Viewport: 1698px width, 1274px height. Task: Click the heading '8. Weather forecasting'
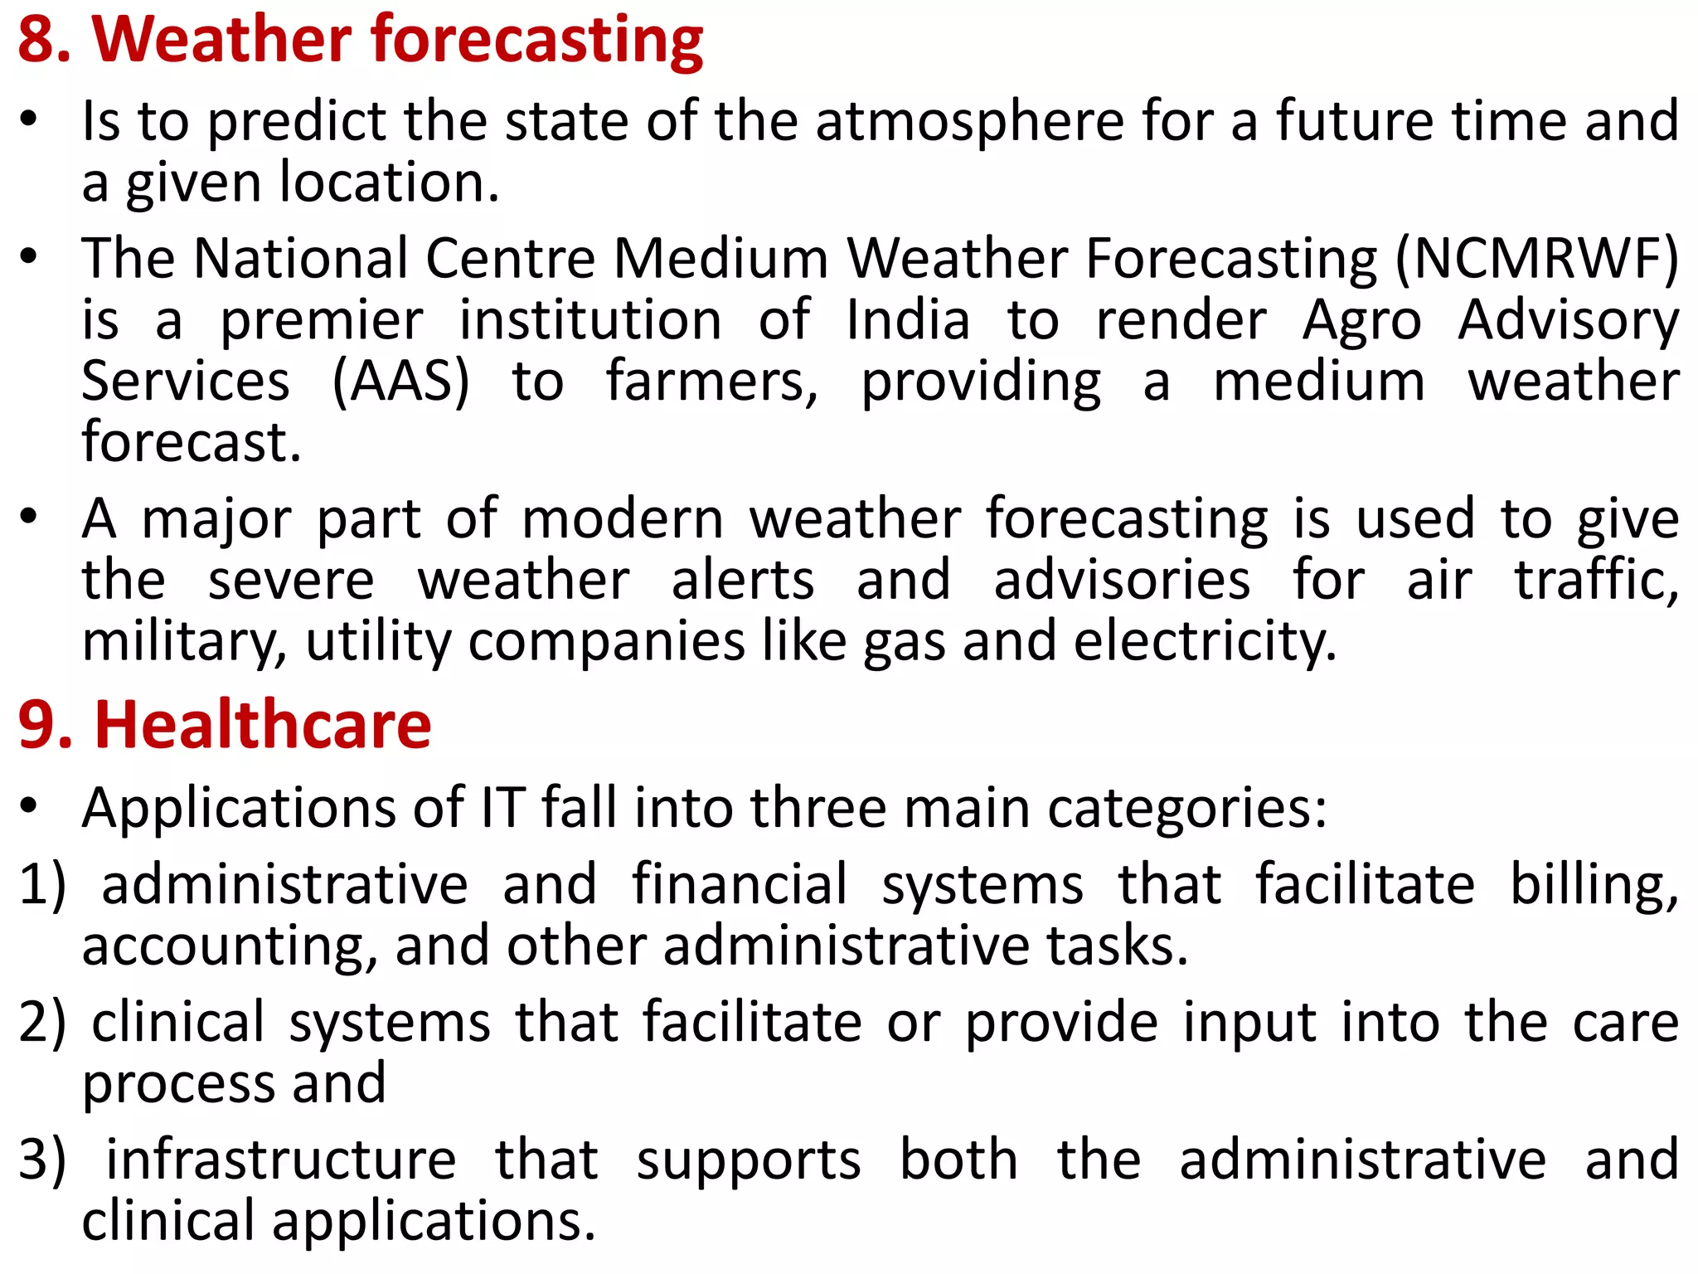click(360, 40)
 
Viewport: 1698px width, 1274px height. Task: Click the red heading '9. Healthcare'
click(225, 725)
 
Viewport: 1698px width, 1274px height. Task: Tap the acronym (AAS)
click(400, 382)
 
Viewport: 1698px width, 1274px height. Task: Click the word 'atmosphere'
click(968, 121)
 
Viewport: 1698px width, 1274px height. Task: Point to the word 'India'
click(907, 320)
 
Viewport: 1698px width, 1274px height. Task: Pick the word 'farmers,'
click(711, 382)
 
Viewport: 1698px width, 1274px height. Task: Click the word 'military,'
click(184, 642)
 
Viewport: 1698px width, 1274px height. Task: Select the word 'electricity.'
click(1205, 642)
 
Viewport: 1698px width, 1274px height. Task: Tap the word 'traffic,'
click(1596, 580)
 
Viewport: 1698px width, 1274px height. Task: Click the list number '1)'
click(42, 884)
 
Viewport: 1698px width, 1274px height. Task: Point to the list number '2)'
click(42, 1022)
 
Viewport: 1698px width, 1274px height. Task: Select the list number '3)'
click(42, 1160)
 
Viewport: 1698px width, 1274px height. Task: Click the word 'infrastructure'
click(281, 1160)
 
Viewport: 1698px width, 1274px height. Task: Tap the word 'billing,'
click(1594, 884)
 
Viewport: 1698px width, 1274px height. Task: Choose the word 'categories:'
click(1187, 808)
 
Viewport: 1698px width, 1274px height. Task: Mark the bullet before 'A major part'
click(30, 518)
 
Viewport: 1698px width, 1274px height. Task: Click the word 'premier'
click(321, 320)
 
